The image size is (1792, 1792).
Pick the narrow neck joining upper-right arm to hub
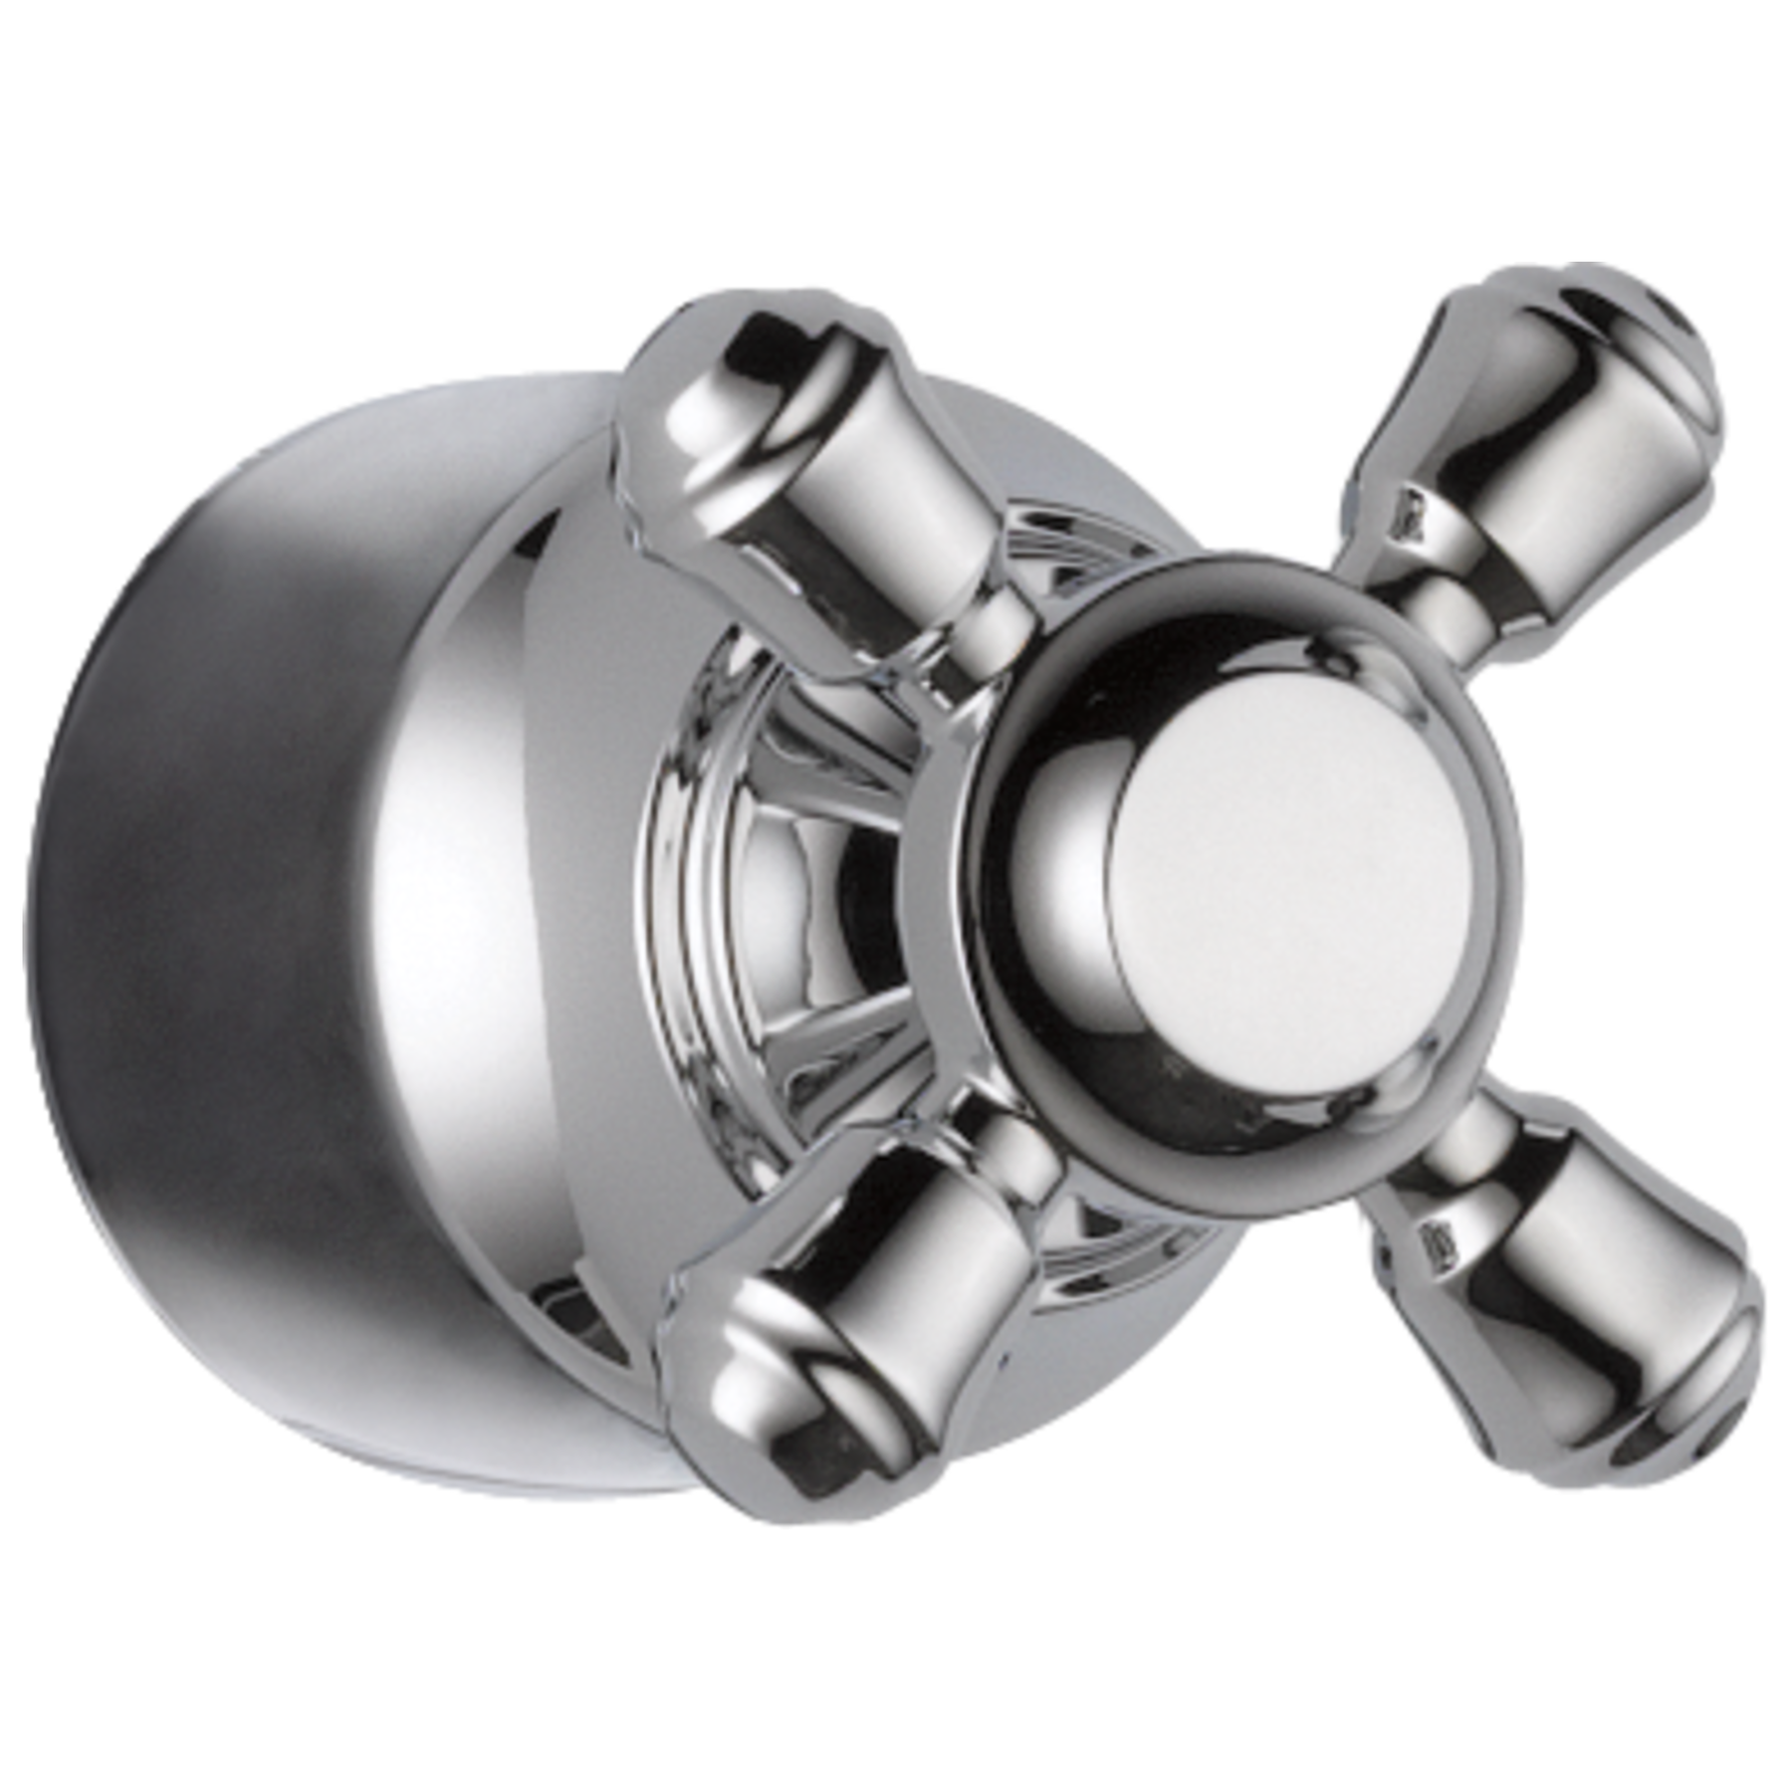(x=1414, y=597)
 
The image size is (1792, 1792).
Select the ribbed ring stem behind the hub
(x=757, y=876)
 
